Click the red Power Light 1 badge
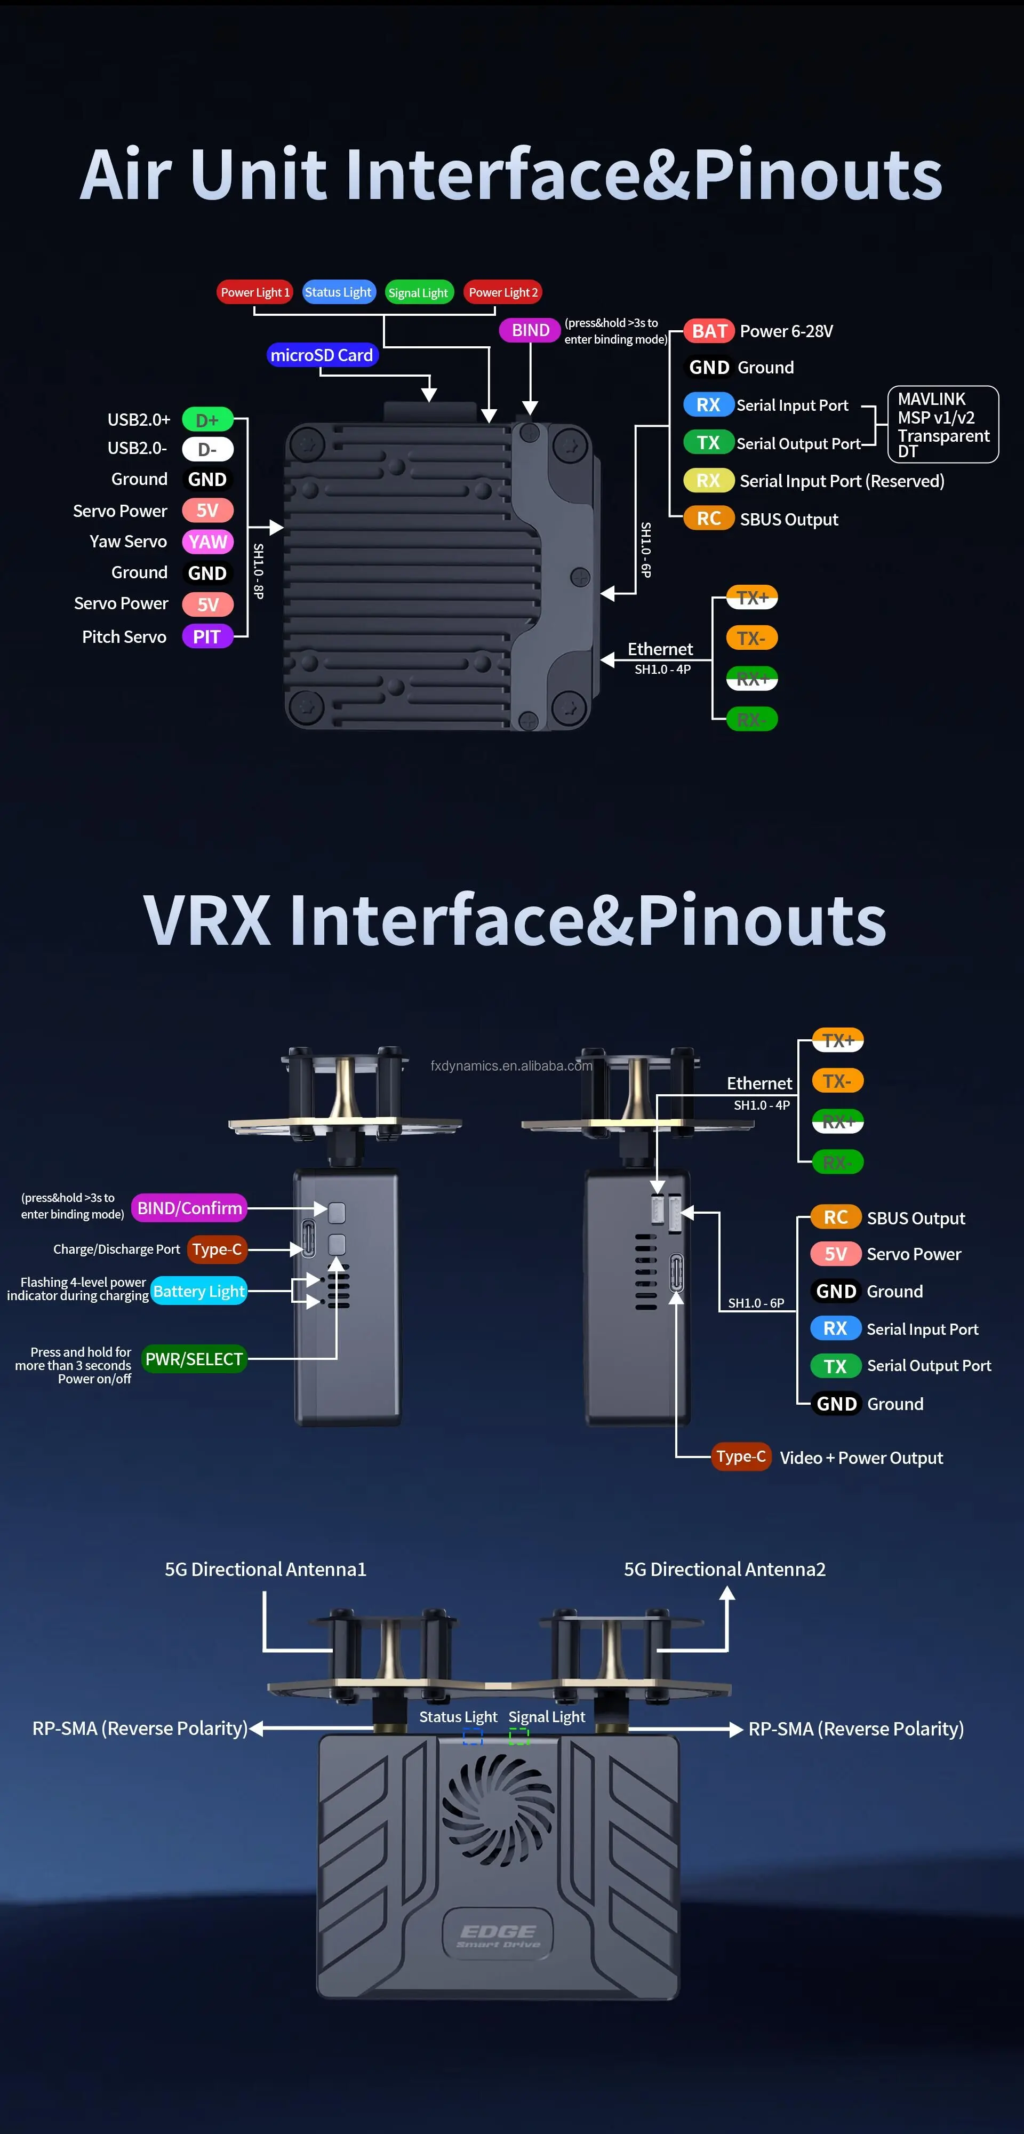point(254,292)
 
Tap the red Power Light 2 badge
point(503,292)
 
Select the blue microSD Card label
point(322,355)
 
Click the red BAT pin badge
point(709,331)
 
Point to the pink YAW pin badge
point(207,542)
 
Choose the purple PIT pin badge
point(206,637)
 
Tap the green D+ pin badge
point(207,420)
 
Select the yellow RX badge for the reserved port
point(708,481)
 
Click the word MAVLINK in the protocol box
point(931,399)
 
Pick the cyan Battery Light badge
point(199,1291)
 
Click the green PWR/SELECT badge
point(194,1359)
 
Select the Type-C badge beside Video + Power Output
point(741,1456)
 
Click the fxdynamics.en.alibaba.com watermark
point(511,1065)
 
